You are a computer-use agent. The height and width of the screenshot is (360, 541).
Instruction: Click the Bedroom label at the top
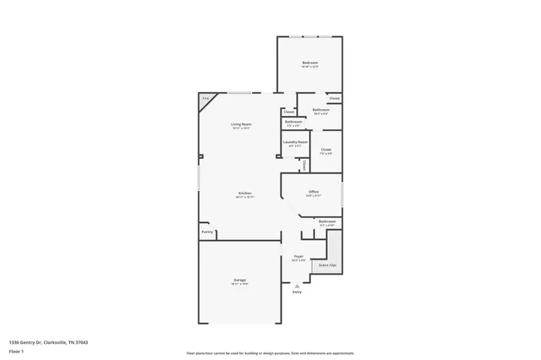310,64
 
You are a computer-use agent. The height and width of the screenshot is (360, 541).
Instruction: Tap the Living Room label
241,125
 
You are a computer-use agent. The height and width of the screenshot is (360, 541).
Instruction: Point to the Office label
313,192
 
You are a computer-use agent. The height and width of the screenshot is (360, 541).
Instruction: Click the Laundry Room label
295,142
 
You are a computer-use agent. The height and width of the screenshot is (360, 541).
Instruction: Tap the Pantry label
207,232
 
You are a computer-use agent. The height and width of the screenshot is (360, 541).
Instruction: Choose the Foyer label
298,256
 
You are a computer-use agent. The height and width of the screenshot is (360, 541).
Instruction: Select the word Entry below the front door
297,292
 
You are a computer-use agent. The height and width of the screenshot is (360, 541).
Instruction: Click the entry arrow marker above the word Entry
297,285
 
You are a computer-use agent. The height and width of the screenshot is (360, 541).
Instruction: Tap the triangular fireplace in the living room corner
205,101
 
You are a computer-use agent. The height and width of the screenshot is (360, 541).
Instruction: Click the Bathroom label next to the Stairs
326,221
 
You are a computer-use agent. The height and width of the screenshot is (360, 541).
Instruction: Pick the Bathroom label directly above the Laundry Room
293,122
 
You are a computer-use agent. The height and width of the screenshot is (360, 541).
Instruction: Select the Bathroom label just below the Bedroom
320,110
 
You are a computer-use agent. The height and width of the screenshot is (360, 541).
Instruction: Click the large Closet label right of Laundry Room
325,150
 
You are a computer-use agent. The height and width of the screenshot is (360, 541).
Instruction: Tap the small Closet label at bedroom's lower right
334,98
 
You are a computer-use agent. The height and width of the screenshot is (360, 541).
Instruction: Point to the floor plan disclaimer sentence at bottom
270,352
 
